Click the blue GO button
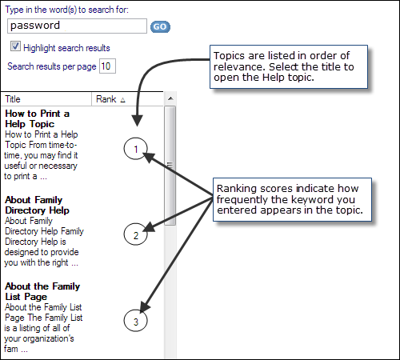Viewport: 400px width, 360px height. [x=160, y=26]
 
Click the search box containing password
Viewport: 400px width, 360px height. [x=77, y=26]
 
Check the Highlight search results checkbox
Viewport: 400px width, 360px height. [x=15, y=46]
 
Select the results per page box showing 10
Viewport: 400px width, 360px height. [x=107, y=66]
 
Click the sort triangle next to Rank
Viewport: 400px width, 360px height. [x=122, y=100]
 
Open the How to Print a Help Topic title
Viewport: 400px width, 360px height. [x=37, y=118]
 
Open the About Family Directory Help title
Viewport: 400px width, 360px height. [x=37, y=205]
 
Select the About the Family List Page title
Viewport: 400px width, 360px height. [x=42, y=291]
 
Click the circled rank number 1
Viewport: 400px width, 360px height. [x=135, y=149]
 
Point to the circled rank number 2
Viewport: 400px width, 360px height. [x=135, y=234]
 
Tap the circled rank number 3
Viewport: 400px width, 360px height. [x=135, y=321]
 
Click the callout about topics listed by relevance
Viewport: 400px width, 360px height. [x=289, y=66]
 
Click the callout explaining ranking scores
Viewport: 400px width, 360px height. [x=292, y=199]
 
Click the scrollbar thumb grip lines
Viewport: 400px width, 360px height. [x=170, y=166]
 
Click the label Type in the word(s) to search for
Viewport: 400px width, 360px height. [x=66, y=10]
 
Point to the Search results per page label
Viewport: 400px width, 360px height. [x=52, y=66]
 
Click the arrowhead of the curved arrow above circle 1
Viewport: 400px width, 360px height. [x=138, y=121]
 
